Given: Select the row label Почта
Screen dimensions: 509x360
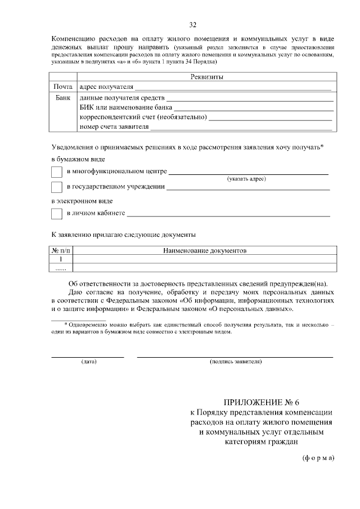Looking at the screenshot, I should tap(63, 87).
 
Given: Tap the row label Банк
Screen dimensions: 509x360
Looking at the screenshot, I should tap(63, 97).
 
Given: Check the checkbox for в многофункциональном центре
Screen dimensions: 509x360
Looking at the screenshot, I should tap(57, 173).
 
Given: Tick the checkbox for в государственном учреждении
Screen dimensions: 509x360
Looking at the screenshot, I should tap(57, 187).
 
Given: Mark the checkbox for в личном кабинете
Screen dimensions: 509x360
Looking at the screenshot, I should tap(57, 214).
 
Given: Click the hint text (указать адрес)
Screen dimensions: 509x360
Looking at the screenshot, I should tap(246, 179).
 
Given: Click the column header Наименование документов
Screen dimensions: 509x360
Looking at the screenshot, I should tap(205, 250).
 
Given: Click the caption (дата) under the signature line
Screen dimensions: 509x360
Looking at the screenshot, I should tap(88, 362).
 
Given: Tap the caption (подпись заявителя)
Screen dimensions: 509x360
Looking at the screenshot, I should tap(235, 362).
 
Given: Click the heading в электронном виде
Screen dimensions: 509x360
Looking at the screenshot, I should tap(82, 200).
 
